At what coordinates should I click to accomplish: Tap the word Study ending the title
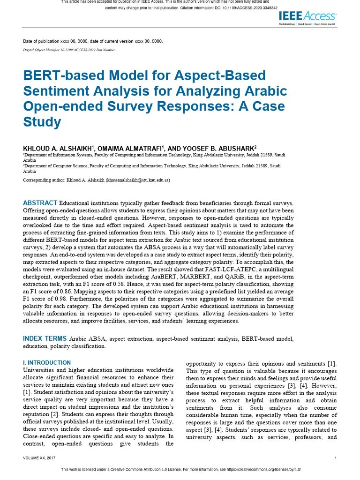click(42, 122)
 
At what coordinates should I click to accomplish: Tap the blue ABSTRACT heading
click(40, 203)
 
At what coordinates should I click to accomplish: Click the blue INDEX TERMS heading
click(45, 338)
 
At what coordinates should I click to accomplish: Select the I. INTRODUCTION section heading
click(47, 362)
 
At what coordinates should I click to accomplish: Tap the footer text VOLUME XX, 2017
click(39, 458)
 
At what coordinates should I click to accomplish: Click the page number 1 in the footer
click(336, 458)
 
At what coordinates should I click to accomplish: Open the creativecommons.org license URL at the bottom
click(262, 469)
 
